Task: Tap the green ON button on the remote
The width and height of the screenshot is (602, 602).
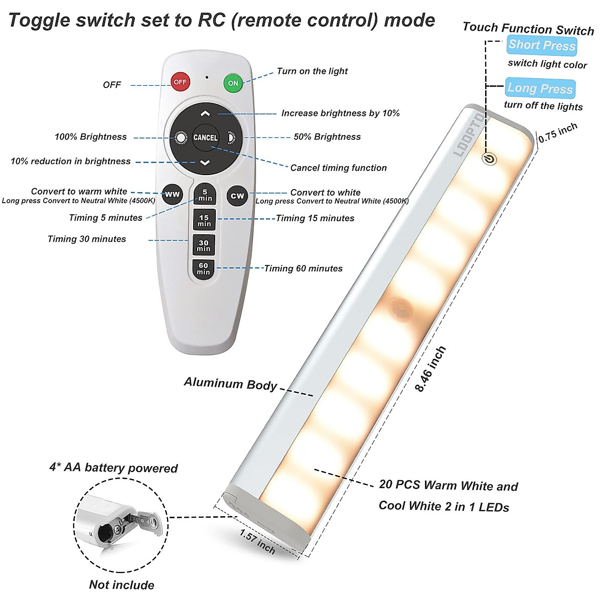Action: point(233,83)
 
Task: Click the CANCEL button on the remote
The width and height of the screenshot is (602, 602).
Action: point(206,137)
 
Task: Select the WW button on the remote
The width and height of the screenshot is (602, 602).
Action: point(172,195)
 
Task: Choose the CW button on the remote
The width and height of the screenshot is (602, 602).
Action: point(237,196)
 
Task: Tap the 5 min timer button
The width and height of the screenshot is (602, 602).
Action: point(205,195)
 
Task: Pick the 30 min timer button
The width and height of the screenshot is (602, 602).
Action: point(204,245)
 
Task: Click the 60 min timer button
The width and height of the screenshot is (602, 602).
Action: point(203,269)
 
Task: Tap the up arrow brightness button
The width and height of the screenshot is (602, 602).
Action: point(205,114)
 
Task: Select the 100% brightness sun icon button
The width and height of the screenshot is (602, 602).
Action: point(180,137)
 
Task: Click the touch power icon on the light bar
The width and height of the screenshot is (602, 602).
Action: point(489,159)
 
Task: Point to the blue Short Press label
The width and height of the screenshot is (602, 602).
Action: point(542,45)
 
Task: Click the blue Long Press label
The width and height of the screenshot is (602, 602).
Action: point(540,88)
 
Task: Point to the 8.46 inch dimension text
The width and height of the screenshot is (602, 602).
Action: point(430,369)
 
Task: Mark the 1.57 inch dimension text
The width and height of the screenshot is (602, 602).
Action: point(257,542)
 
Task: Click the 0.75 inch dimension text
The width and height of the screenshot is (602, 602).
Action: point(558,132)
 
